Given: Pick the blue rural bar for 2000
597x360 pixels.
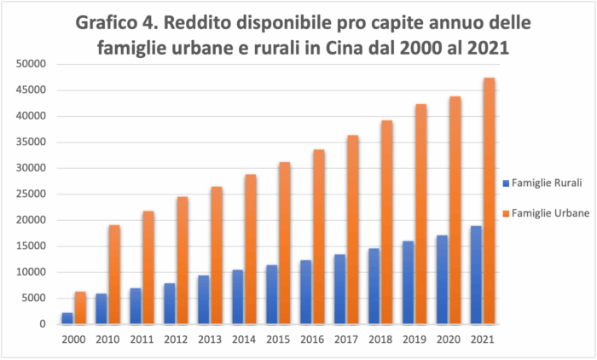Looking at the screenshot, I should point(67,318).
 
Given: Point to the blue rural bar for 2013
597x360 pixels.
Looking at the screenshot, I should point(204,299).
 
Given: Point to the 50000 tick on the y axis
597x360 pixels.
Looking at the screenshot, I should point(32,64).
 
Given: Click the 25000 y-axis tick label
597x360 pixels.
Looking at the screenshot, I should point(32,194).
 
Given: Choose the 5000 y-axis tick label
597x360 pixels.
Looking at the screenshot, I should point(35,298).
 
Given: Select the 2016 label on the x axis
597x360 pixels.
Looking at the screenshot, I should point(311,339).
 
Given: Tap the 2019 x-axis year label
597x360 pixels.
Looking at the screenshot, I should point(414,339).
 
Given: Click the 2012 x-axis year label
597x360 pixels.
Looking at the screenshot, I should point(176,339).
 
